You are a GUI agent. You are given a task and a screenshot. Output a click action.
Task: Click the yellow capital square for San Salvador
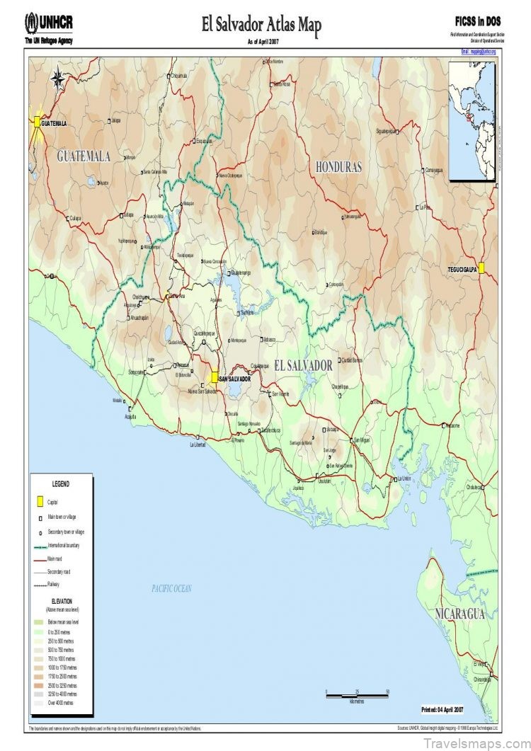click(214, 377)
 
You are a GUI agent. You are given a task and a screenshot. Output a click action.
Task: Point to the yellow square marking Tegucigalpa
click(481, 268)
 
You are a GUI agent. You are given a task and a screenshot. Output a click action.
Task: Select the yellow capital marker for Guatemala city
click(37, 122)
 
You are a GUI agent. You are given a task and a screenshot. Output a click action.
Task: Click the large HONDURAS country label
click(338, 167)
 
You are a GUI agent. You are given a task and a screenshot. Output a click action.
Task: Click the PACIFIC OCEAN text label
click(172, 588)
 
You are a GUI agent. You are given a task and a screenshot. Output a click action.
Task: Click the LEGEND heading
click(61, 484)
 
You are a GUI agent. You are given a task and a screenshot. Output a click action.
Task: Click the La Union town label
click(404, 478)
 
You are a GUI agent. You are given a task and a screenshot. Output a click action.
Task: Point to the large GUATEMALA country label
click(84, 156)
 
